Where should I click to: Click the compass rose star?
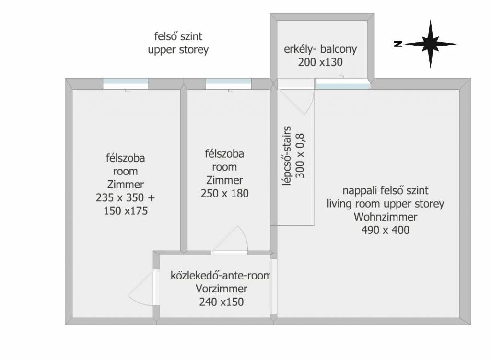pyautogui.click(x=430, y=44)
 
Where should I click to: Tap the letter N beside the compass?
pyautogui.click(x=397, y=44)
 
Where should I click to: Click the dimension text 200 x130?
pyautogui.click(x=321, y=61)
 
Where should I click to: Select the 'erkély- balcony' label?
pyautogui.click(x=321, y=49)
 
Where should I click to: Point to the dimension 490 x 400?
pyautogui.click(x=385, y=230)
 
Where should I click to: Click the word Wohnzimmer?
pyautogui.click(x=385, y=217)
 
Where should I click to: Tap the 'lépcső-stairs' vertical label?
pyautogui.click(x=288, y=155)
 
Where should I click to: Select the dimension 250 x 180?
pyautogui.click(x=224, y=194)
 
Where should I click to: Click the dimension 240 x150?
pyautogui.click(x=221, y=302)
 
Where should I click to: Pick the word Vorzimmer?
pyautogui.click(x=221, y=289)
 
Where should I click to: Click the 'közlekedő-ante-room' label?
pyautogui.click(x=221, y=276)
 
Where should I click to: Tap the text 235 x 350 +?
pyautogui.click(x=125, y=197)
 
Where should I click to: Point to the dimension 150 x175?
pyautogui.click(x=125, y=210)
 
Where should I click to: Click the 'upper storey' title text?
pyautogui.click(x=178, y=50)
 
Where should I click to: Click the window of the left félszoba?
pyautogui.click(x=126, y=84)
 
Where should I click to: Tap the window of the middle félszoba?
pyautogui.click(x=228, y=84)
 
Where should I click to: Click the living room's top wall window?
pyautogui.click(x=343, y=84)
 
